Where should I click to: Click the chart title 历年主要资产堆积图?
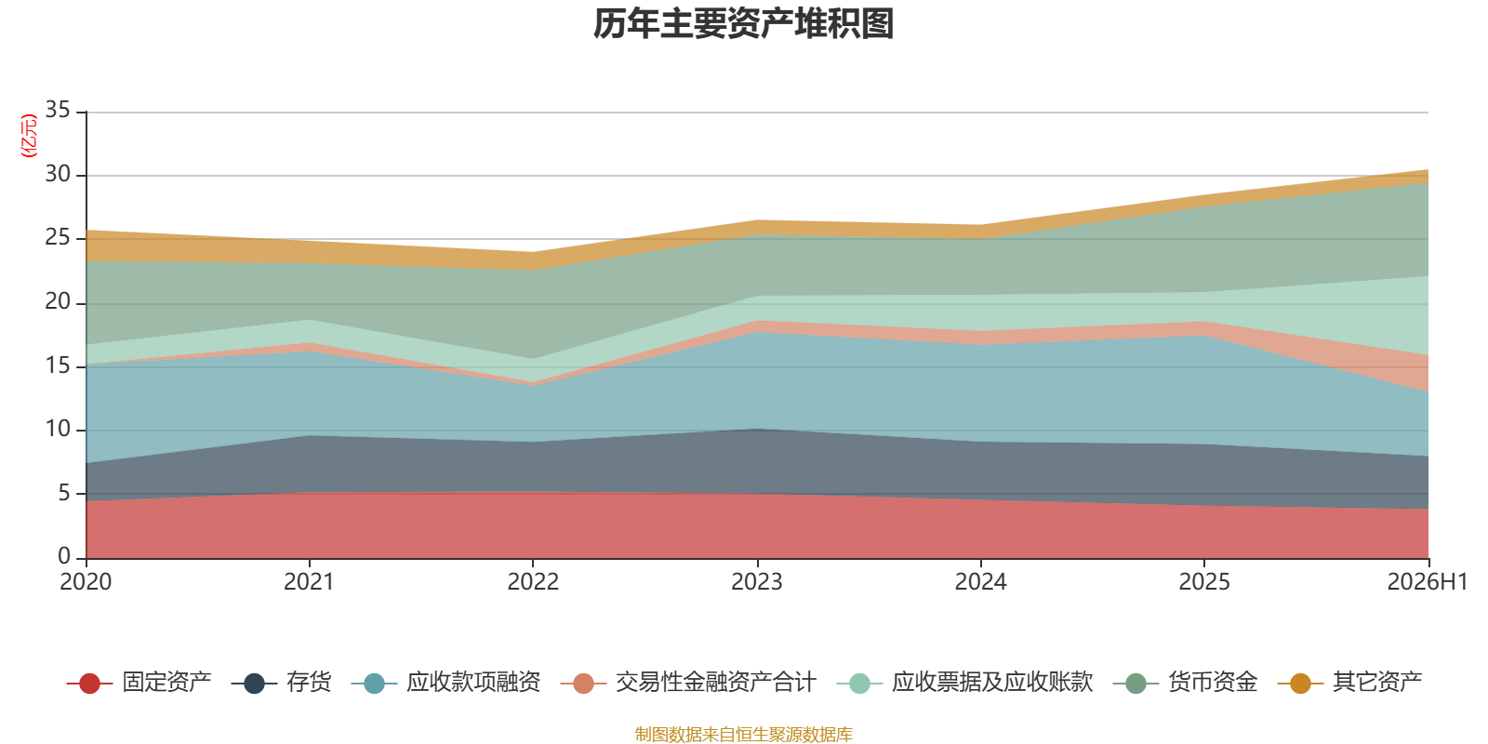point(743,24)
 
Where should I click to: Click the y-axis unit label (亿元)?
point(29,136)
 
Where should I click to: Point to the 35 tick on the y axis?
point(58,110)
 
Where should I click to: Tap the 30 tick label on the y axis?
point(58,174)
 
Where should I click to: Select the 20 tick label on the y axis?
point(58,301)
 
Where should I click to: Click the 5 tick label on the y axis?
point(64,493)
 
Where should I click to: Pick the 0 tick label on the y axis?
point(64,555)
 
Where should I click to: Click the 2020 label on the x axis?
point(86,582)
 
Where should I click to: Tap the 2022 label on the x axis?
point(533,582)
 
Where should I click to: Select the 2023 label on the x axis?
point(757,582)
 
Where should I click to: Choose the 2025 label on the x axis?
point(1204,582)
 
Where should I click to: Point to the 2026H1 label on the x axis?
point(1427,582)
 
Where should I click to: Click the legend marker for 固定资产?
point(89,683)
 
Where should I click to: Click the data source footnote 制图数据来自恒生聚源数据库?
point(743,734)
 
